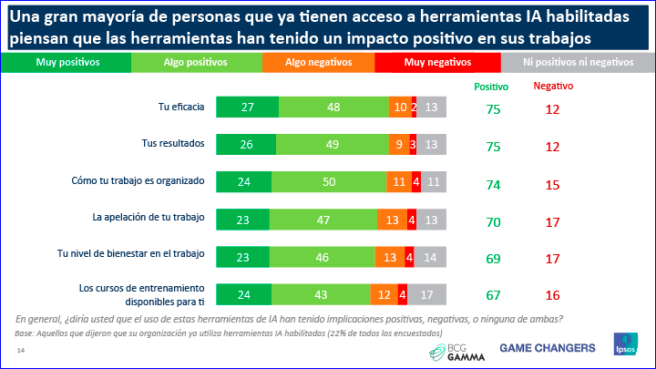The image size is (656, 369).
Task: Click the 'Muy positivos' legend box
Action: [68, 62]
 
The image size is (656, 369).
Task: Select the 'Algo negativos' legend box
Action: [318, 62]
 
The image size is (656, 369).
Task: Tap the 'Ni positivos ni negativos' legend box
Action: [579, 62]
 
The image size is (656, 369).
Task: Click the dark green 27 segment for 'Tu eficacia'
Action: [247, 107]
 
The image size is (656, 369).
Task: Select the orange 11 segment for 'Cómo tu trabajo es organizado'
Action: [398, 180]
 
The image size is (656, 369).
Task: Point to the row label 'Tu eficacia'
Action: [180, 107]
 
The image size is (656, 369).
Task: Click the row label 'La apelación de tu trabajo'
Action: [148, 218]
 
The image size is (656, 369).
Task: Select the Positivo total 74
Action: [492, 181]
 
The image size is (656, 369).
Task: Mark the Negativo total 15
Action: [552, 181]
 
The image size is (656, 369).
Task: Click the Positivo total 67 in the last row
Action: [492, 295]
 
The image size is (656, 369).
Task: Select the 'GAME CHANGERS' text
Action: [547, 347]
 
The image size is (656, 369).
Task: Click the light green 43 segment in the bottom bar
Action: [323, 294]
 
